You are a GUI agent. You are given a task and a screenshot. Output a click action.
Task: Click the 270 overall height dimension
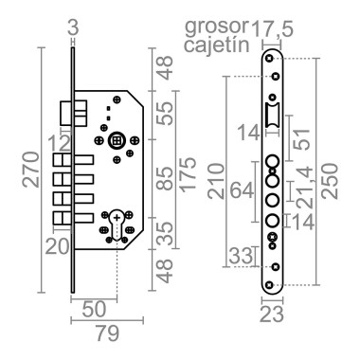31,170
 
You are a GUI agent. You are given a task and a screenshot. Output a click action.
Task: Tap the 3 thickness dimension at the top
73,28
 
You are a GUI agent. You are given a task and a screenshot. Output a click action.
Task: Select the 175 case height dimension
188,173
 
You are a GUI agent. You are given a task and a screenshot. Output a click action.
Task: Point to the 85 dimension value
165,178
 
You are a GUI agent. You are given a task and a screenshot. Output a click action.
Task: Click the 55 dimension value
165,113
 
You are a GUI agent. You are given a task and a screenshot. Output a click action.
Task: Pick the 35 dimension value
165,234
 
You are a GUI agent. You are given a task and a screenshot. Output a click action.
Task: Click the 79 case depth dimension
107,333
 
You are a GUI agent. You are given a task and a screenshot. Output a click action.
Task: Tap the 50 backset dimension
94,310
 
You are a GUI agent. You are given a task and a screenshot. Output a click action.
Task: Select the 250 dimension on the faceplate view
330,181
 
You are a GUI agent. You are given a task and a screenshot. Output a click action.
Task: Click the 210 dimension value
216,181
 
